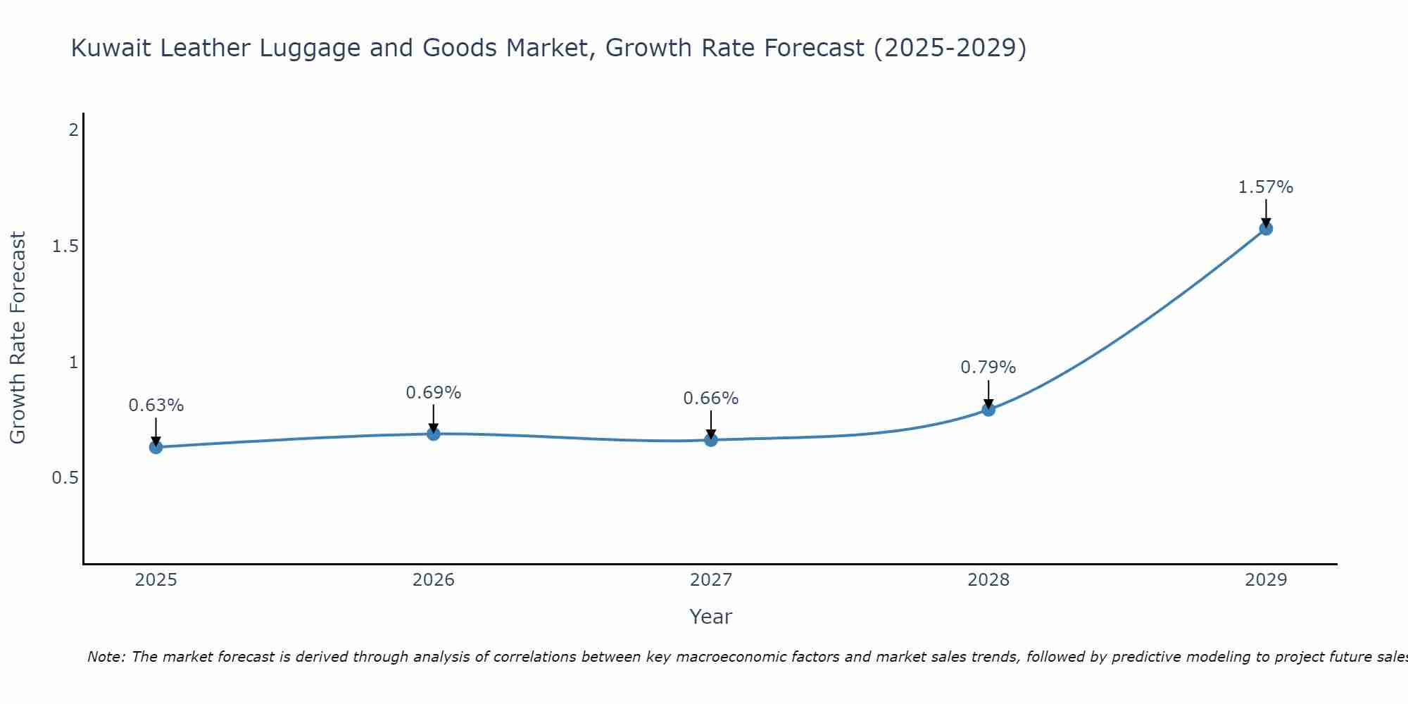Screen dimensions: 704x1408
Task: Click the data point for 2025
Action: pos(156,447)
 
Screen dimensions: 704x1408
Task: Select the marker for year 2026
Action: pos(434,434)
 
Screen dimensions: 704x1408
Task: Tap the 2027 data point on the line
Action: pos(711,440)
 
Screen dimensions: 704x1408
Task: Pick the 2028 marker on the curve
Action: pos(988,409)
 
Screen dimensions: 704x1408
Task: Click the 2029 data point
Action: pos(1266,228)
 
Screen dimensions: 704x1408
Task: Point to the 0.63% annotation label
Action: pos(156,406)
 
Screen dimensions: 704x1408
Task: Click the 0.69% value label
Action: pos(434,393)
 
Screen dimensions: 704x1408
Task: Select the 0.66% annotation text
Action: pos(711,398)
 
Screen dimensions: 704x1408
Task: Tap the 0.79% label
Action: pos(988,367)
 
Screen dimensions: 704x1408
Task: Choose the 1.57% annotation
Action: pos(1266,187)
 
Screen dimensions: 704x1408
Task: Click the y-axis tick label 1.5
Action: pos(65,246)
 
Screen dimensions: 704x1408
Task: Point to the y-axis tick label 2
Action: pos(73,130)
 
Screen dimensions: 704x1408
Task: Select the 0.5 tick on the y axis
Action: pos(65,478)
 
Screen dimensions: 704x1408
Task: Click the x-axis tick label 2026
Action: pos(434,580)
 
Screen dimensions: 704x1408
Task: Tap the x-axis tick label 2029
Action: pos(1266,580)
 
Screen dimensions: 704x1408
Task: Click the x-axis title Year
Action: pos(711,617)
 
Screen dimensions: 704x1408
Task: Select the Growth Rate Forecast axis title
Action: pos(18,338)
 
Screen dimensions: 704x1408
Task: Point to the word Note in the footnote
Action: pos(106,657)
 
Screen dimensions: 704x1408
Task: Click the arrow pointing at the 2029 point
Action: pos(1266,213)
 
